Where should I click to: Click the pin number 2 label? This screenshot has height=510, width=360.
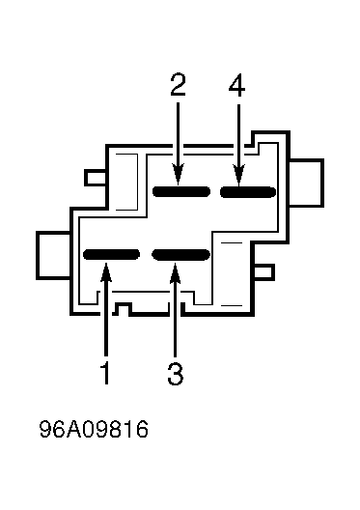[178, 85]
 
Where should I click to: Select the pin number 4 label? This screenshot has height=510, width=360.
[236, 85]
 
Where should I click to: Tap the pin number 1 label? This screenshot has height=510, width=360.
[105, 374]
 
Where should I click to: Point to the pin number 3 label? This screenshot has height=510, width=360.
[176, 374]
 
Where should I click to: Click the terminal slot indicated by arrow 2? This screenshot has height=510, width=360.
[181, 191]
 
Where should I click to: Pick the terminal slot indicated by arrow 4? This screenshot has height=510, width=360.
[248, 192]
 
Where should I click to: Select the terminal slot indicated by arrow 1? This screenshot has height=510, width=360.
[111, 254]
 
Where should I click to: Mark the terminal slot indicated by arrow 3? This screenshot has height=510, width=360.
[181, 255]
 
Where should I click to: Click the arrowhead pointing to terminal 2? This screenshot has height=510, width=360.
[178, 175]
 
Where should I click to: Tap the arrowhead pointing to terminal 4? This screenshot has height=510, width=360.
[238, 176]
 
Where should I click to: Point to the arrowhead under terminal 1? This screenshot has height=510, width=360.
[106, 272]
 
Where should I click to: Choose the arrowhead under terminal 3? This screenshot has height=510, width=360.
[175, 273]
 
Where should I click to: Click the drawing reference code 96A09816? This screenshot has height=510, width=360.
[94, 429]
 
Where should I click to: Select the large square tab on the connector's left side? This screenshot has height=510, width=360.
[53, 255]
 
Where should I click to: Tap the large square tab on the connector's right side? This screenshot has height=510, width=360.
[306, 183]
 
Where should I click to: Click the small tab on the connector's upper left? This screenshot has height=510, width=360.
[96, 178]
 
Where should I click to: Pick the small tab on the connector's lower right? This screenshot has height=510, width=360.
[263, 272]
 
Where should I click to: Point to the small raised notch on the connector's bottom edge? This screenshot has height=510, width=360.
[123, 308]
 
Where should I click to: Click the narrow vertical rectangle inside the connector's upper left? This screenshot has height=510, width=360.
[126, 182]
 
